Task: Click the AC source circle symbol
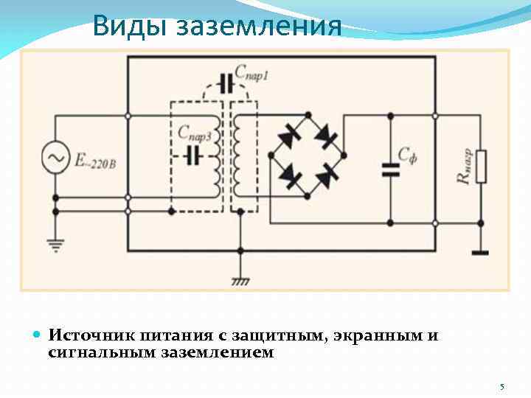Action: pyautogui.click(x=55, y=157)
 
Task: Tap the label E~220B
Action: pyautogui.click(x=94, y=160)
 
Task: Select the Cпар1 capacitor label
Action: pyautogui.click(x=251, y=74)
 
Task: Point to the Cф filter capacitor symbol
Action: pyautogui.click(x=390, y=170)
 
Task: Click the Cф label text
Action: pyautogui.click(x=408, y=155)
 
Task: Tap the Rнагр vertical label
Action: pyautogui.click(x=464, y=167)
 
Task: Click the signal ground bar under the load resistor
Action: pyautogui.click(x=480, y=253)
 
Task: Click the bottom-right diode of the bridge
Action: pyautogui.click(x=326, y=176)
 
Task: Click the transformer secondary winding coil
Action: pyautogui.click(x=239, y=156)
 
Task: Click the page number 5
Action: pyautogui.click(x=502, y=387)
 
